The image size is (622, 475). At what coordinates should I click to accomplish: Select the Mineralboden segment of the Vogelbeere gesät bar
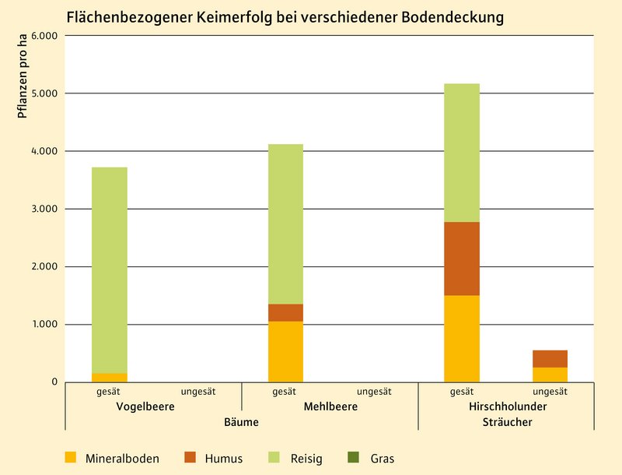pyautogui.click(x=110, y=377)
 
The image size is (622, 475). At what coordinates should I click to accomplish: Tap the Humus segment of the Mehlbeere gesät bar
pyautogui.click(x=285, y=312)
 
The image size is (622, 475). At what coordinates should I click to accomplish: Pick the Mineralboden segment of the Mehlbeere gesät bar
pyautogui.click(x=285, y=351)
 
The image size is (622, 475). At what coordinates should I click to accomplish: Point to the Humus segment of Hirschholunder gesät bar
pyautogui.click(x=462, y=259)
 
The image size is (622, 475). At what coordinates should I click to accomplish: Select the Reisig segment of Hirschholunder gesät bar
pyautogui.click(x=462, y=153)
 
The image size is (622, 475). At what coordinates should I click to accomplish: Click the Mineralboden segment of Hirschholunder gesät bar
pyautogui.click(x=462, y=339)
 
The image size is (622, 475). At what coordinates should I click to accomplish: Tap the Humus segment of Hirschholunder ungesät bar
pyautogui.click(x=550, y=359)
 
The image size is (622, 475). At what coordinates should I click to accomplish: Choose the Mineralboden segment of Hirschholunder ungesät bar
pyautogui.click(x=550, y=375)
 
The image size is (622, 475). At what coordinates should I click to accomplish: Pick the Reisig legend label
pyautogui.click(x=308, y=459)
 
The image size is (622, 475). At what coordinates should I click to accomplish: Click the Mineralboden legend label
pyautogui.click(x=122, y=459)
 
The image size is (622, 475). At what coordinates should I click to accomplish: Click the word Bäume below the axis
pyautogui.click(x=241, y=422)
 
